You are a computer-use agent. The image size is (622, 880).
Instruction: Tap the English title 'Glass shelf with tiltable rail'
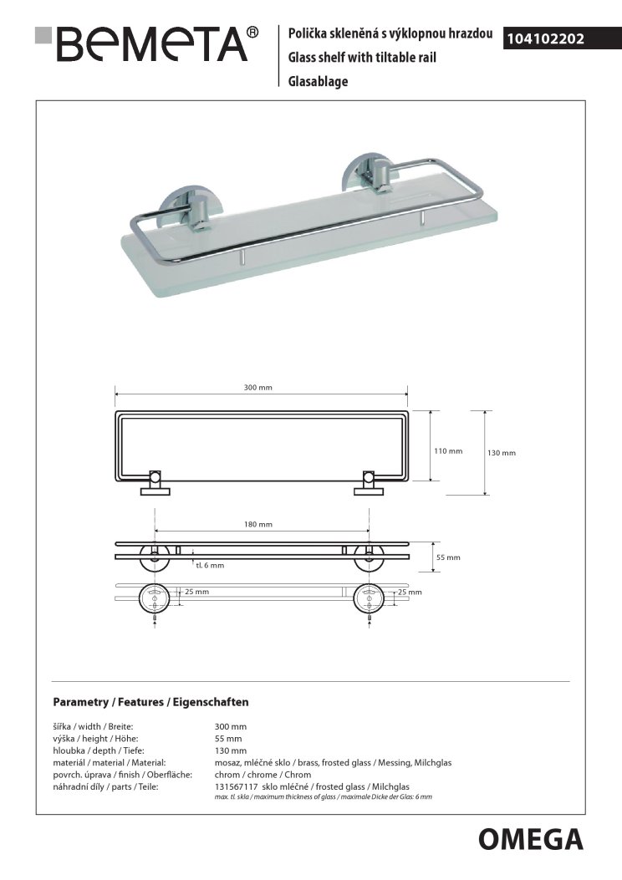362,58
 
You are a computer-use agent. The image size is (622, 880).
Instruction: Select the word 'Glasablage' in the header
318,81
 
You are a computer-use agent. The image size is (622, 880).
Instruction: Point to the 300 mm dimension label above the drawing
259,388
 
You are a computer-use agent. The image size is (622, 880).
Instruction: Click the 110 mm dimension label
447,451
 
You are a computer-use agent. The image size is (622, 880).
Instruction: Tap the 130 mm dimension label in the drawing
501,452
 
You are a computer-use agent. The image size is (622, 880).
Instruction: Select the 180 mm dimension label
259,524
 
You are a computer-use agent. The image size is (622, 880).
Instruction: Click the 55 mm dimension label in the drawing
448,557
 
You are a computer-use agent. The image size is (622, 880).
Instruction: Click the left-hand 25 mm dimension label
196,592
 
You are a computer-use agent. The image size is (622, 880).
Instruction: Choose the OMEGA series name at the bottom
531,838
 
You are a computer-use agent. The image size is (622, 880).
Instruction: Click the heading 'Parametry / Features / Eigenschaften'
150,703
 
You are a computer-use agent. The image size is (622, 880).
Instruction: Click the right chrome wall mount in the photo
365,178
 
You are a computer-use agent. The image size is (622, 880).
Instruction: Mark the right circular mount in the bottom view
368,598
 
